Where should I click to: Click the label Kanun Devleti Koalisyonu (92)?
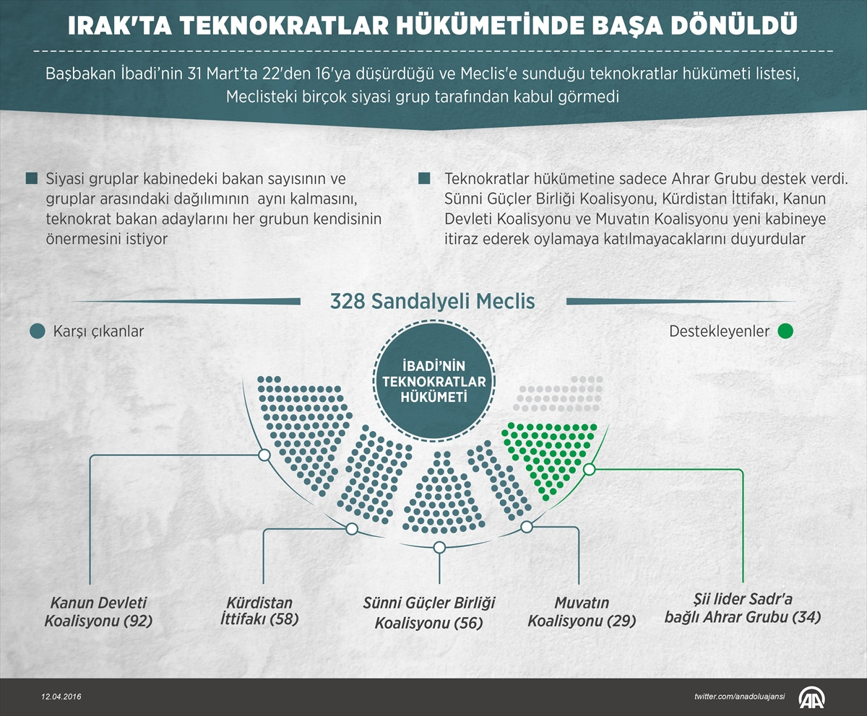click(98, 611)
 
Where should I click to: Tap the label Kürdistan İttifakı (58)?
click(259, 610)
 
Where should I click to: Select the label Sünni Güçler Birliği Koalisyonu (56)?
click(428, 612)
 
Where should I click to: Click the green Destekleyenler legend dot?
click(785, 331)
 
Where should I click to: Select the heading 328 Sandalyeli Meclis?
click(432, 301)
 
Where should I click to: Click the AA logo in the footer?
click(812, 697)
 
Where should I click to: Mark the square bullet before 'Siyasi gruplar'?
click(31, 178)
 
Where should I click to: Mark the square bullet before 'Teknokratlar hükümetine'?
click(424, 178)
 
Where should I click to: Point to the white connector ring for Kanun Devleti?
click(264, 455)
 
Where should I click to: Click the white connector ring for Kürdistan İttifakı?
click(352, 529)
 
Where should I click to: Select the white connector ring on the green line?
click(589, 469)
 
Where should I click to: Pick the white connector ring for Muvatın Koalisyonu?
click(526, 527)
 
